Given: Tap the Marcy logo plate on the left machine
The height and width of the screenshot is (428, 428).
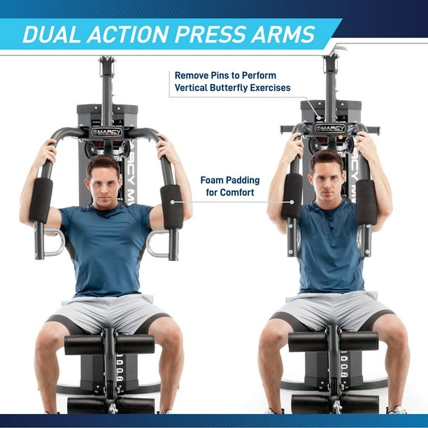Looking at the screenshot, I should [106, 131].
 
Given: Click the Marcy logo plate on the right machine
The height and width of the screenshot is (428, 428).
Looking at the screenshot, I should [330, 128].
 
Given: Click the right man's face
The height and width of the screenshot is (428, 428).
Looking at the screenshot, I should [328, 179].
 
